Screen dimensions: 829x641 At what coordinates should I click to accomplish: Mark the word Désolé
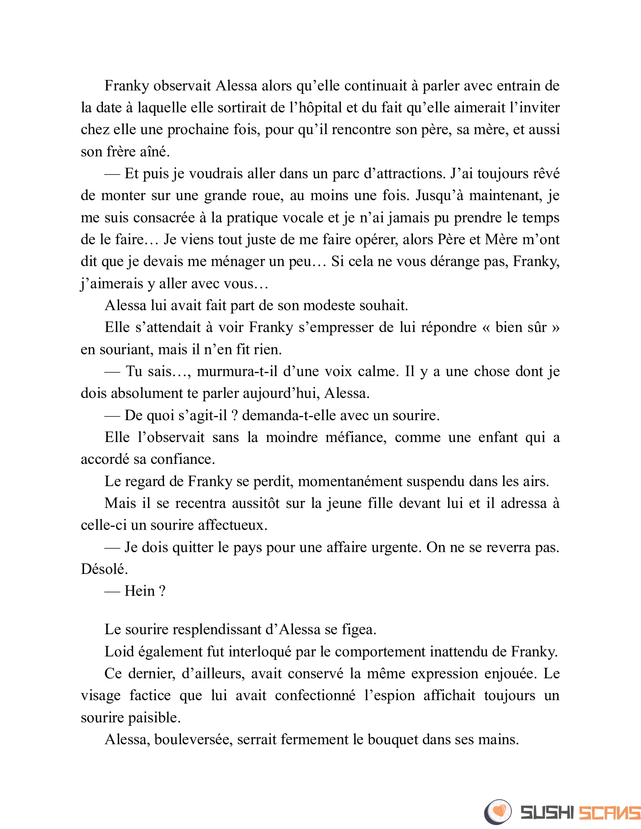(x=104, y=569)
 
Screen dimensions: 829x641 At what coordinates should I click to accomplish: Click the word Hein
(x=140, y=591)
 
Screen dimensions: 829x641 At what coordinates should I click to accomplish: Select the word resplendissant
(x=216, y=630)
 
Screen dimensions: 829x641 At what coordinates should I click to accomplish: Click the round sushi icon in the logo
(x=498, y=812)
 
